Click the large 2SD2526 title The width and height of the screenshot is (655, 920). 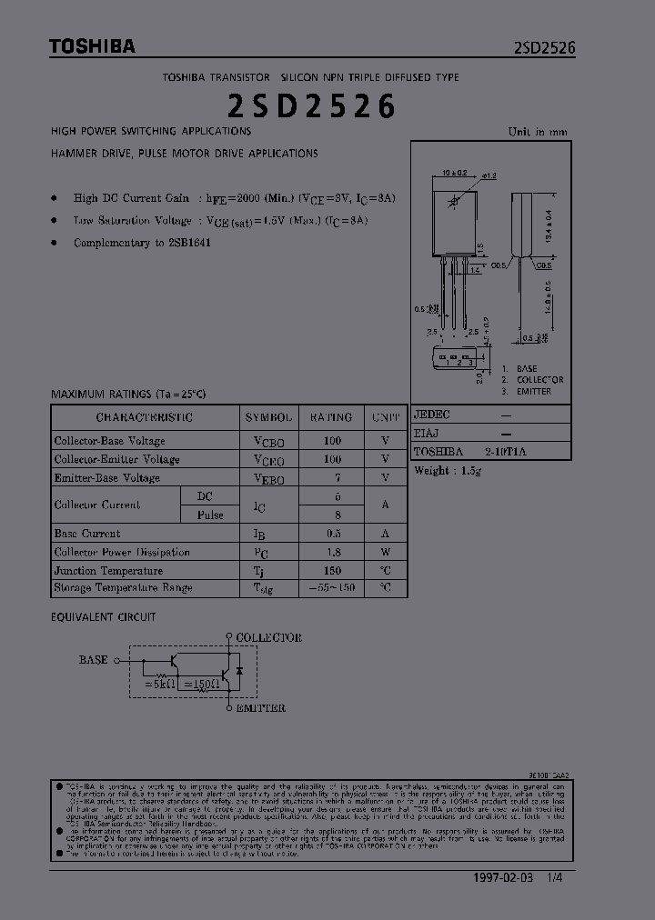[x=311, y=106]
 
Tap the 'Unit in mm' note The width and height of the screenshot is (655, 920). [x=537, y=132]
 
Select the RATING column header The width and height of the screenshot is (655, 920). [x=331, y=417]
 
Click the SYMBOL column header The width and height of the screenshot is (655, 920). [x=268, y=417]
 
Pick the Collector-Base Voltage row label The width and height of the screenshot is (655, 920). [x=109, y=441]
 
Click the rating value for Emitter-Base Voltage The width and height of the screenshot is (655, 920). [x=332, y=477]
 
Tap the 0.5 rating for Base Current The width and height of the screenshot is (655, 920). [x=332, y=534]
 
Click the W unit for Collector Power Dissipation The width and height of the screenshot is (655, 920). [x=386, y=552]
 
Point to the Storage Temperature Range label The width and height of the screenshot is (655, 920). [x=123, y=588]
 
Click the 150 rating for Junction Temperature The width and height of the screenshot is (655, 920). [x=332, y=570]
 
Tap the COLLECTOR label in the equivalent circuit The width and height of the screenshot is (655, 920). [x=268, y=638]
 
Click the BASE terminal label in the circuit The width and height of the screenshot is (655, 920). [x=93, y=660]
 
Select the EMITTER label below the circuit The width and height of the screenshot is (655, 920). [x=260, y=707]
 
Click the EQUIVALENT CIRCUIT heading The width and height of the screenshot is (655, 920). [x=103, y=616]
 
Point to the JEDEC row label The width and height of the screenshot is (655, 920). [x=431, y=414]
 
